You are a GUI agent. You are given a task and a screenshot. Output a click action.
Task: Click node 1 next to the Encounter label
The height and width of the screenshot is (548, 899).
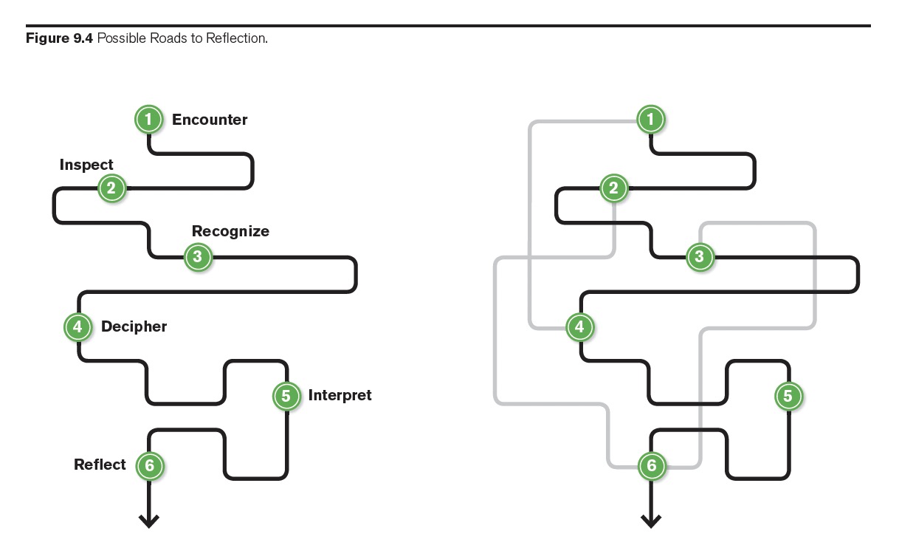click(x=148, y=119)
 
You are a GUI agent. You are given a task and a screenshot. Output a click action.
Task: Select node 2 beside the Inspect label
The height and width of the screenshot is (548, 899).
click(x=111, y=188)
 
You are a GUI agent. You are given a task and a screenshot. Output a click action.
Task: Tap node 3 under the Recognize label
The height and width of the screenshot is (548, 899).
click(x=197, y=257)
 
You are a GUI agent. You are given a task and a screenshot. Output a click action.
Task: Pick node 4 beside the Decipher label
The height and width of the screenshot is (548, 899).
click(x=77, y=326)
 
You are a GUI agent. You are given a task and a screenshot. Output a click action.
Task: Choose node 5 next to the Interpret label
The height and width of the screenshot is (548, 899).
click(x=286, y=396)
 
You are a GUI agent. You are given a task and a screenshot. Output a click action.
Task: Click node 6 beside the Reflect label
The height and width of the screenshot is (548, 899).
click(x=149, y=465)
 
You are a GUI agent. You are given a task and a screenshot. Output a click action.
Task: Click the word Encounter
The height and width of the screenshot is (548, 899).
click(x=210, y=120)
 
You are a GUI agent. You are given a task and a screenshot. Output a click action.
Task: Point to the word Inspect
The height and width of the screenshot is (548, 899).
click(x=86, y=165)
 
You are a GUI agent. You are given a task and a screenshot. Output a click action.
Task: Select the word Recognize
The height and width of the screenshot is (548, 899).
click(x=230, y=231)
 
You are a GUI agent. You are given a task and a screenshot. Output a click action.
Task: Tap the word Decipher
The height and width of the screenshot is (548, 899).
click(x=134, y=326)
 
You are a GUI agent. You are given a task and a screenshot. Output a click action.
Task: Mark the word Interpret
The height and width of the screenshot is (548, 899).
click(x=340, y=395)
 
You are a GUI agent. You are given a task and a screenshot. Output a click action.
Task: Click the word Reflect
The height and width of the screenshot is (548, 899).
click(x=100, y=465)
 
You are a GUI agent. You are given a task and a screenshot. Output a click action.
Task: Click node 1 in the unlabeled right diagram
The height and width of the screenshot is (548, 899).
click(x=650, y=119)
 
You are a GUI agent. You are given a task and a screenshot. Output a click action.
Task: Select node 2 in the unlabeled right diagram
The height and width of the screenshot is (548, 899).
click(x=613, y=188)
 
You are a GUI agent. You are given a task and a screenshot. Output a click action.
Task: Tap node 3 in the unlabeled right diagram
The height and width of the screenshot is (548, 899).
click(x=699, y=257)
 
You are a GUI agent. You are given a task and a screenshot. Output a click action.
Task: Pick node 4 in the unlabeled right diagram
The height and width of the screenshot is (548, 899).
click(x=579, y=326)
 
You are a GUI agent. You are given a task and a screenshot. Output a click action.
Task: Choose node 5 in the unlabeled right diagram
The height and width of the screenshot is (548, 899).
click(x=788, y=396)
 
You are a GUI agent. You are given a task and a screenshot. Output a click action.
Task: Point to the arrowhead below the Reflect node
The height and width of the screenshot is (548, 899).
click(x=149, y=521)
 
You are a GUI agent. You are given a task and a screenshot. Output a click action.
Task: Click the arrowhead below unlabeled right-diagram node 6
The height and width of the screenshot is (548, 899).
click(x=651, y=521)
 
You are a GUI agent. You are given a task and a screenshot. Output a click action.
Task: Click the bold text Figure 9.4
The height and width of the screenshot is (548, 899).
click(x=59, y=38)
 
